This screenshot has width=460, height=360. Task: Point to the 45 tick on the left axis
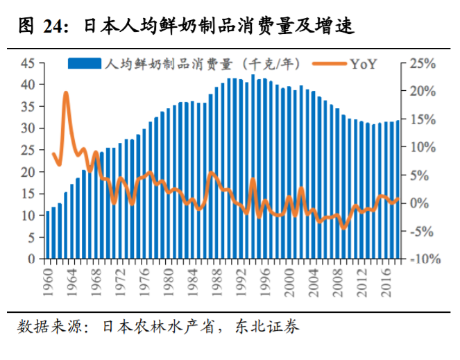[x=28, y=63]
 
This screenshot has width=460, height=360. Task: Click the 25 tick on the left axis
[x=28, y=150]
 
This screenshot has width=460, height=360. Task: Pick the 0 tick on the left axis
[x=32, y=259]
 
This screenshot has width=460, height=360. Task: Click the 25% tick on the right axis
[x=422, y=63]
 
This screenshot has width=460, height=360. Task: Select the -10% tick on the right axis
[x=419, y=259]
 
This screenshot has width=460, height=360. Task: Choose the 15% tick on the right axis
[x=422, y=119]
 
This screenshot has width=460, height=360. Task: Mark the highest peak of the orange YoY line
[x=66, y=92]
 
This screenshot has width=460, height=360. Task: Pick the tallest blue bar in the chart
[x=253, y=166]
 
